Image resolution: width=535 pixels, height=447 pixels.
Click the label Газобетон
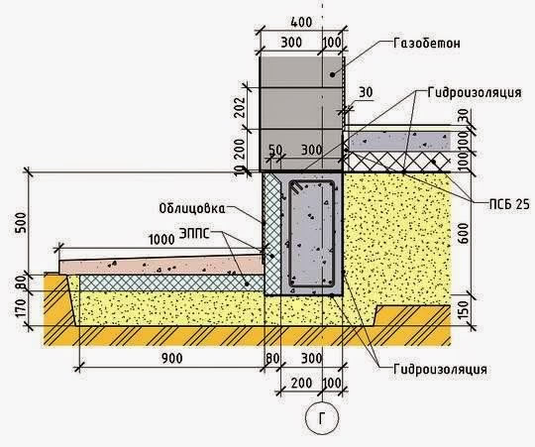426,44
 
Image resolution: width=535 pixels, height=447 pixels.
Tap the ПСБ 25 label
508,204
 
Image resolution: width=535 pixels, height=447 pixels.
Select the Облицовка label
192,208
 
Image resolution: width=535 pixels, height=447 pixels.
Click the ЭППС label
194,234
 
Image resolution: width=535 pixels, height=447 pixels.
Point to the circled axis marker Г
322,418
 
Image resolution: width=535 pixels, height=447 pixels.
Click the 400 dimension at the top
301,22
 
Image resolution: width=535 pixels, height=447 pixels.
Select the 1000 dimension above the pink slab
161,240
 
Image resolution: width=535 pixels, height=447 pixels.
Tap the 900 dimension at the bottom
172,358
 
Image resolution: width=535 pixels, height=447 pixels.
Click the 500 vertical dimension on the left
21,223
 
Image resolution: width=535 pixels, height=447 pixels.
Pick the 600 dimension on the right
463,234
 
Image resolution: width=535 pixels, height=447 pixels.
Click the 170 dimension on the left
21,308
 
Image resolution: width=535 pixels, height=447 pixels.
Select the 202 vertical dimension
240,107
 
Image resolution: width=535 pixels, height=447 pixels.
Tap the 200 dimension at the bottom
301,383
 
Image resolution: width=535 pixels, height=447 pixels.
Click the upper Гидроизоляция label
475,92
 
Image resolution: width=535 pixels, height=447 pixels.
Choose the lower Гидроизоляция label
440,370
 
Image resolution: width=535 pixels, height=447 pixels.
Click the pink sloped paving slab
161,265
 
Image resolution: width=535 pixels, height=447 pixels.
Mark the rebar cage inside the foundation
311,234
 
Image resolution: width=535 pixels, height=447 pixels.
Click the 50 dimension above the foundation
275,150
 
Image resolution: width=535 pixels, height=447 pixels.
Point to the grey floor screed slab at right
398,141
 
